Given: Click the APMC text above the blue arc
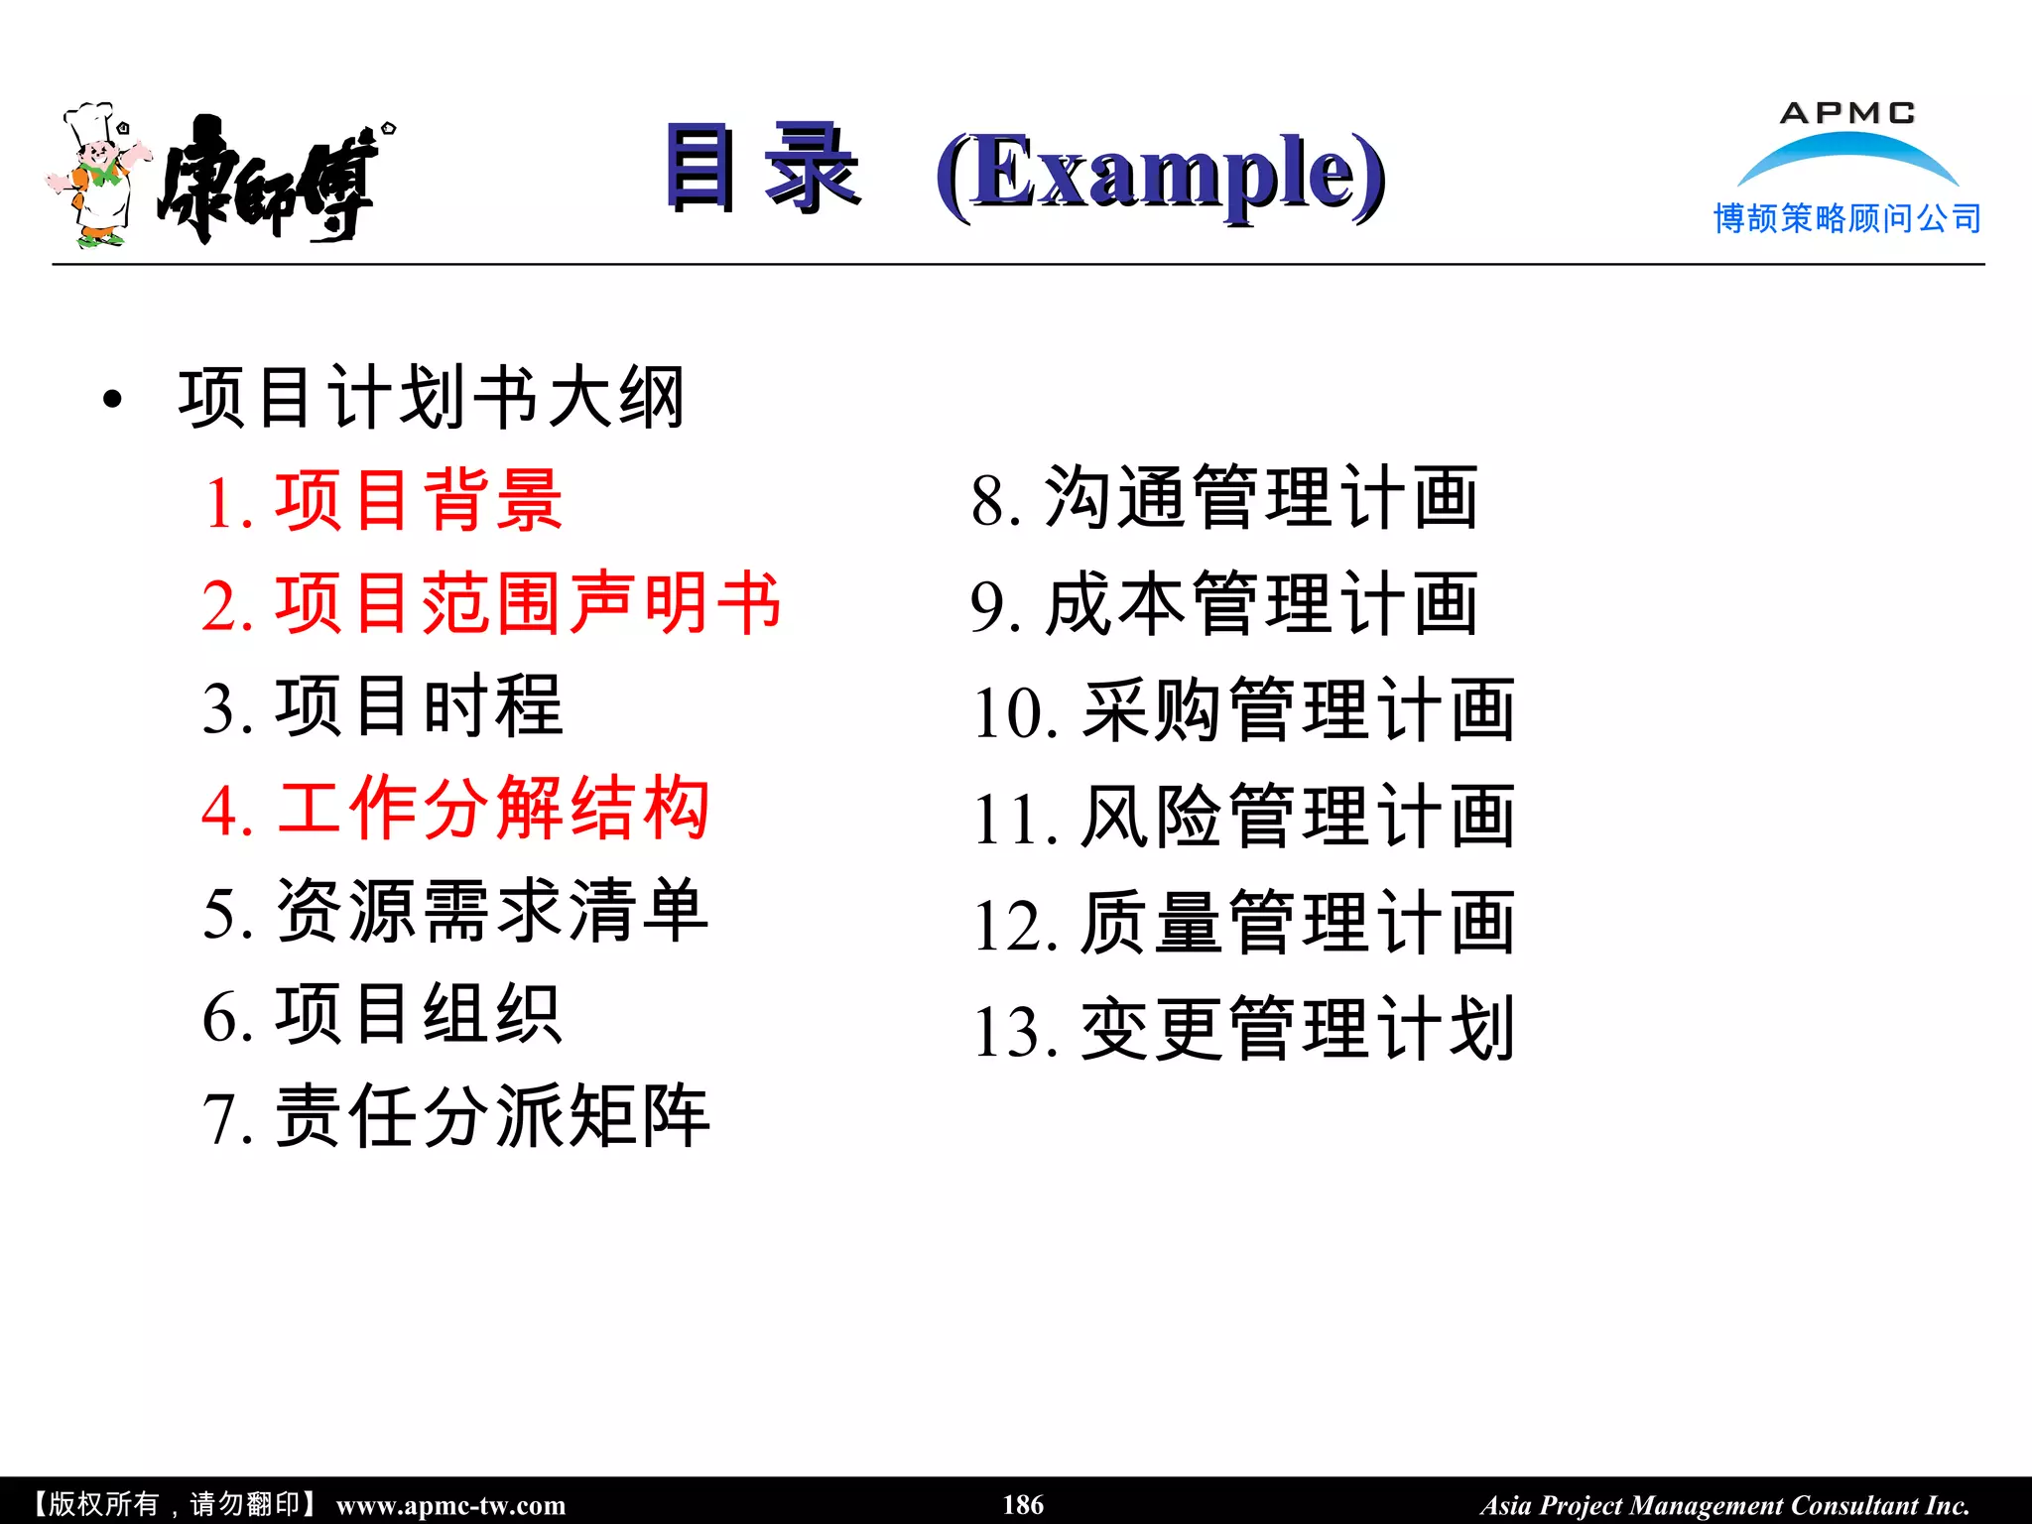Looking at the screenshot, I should tap(1846, 113).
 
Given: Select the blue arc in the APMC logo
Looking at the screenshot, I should tap(1846, 151).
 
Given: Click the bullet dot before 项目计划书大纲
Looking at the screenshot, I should tap(112, 400).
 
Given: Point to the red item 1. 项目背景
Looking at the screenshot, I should tap(383, 501).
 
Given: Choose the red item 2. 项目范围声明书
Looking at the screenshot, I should tap(491, 604).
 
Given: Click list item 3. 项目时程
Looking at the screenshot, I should tap(383, 707).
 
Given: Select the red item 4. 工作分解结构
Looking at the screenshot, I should tap(455, 810).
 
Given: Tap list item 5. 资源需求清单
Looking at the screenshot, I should tap(455, 912).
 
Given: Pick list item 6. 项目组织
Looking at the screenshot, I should tap(383, 1015).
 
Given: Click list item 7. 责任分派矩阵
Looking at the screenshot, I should tap(455, 1118).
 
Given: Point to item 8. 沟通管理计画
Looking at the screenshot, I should tap(1224, 499).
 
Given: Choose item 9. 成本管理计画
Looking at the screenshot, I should tap(1224, 605).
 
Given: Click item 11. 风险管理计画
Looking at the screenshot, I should tap(1244, 818).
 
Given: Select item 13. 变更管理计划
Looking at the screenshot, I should tap(1244, 1030).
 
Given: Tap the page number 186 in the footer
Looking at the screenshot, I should tap(1023, 1504).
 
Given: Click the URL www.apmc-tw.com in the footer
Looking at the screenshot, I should tap(450, 1505).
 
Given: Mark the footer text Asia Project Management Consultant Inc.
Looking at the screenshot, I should tap(1724, 1505).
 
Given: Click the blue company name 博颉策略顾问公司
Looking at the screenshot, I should tap(1846, 218).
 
